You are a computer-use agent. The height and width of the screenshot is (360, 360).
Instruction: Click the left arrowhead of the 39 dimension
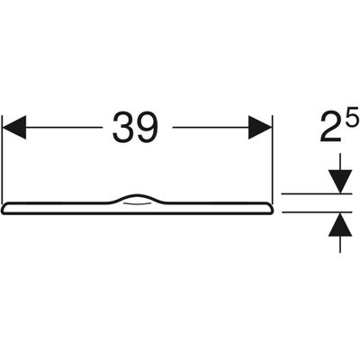click(x=14, y=127)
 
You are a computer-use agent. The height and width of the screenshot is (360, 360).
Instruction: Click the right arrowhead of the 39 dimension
click(x=260, y=127)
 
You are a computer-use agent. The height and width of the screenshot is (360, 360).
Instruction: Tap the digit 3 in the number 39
click(x=123, y=127)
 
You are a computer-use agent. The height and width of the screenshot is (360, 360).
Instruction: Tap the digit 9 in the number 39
click(x=147, y=127)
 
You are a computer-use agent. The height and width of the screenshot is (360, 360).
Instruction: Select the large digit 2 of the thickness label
click(x=331, y=127)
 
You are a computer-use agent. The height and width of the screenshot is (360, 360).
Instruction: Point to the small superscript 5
click(x=353, y=116)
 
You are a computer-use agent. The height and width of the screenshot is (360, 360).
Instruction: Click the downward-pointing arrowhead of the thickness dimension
click(x=340, y=182)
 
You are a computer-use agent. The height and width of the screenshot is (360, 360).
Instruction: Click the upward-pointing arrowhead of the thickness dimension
click(x=340, y=224)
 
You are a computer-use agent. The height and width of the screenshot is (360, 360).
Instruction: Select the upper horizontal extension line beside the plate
click(x=317, y=193)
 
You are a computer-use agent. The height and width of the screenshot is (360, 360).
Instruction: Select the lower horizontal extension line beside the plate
click(x=317, y=212)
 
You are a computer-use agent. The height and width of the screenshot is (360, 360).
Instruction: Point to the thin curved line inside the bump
click(x=137, y=204)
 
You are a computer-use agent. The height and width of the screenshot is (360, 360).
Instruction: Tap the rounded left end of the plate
click(x=4, y=209)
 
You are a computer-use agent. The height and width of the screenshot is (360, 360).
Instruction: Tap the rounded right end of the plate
click(x=270, y=209)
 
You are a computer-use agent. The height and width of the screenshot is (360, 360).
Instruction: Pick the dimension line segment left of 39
click(x=64, y=127)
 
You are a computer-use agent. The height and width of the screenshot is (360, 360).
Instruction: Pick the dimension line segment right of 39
click(x=211, y=127)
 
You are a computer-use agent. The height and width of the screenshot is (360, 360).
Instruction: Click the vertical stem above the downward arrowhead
click(x=340, y=162)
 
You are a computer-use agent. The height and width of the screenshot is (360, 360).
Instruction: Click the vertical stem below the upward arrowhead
click(x=340, y=245)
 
